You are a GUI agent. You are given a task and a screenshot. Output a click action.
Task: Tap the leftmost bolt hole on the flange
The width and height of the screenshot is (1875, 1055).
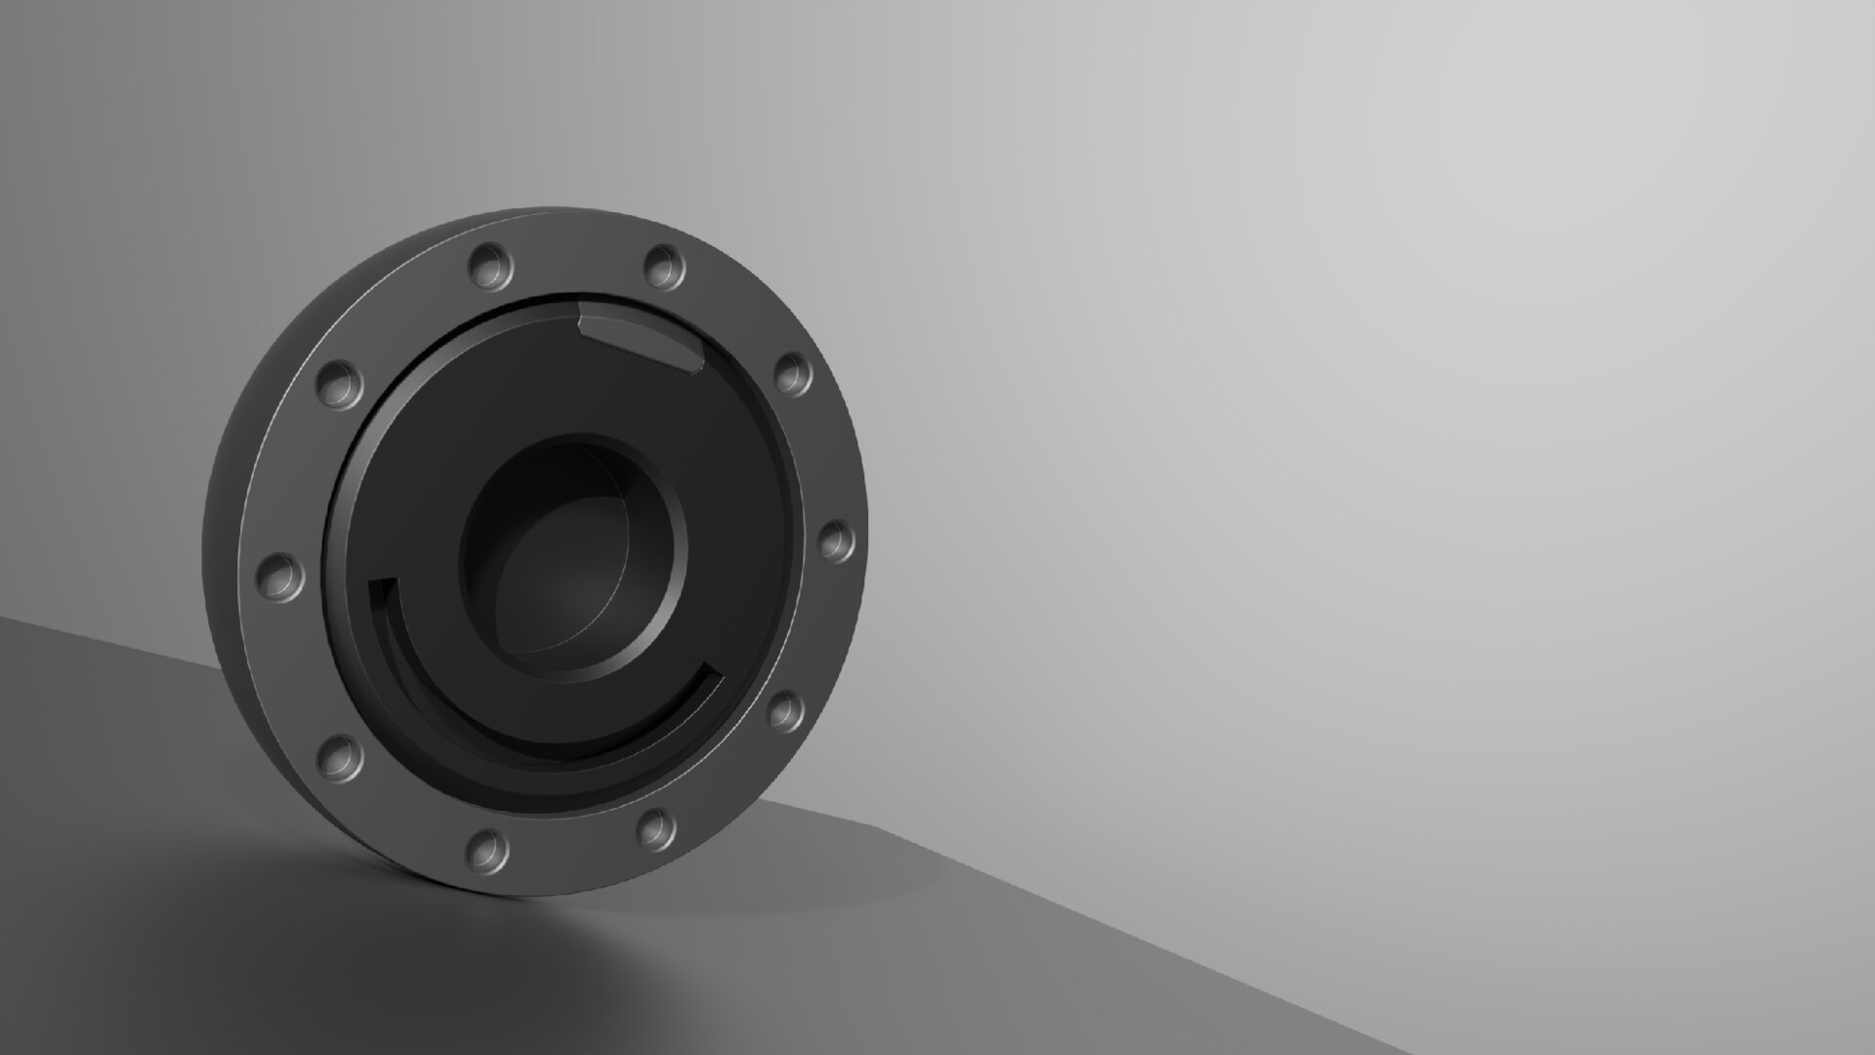point(279,576)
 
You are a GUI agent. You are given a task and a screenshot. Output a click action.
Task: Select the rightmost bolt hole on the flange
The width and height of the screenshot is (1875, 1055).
point(836,540)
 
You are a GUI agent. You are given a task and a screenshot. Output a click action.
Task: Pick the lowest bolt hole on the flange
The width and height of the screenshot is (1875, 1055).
point(487,850)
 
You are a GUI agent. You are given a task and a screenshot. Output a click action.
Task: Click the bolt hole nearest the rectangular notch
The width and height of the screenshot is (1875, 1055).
point(664,266)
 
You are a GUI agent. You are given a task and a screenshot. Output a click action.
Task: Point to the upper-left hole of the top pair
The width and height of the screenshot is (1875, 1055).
point(490,265)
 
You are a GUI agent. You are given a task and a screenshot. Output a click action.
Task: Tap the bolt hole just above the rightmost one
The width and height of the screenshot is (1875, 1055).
point(793,374)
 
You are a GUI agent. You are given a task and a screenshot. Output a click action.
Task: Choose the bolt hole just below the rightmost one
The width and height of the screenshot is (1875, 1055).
point(784,710)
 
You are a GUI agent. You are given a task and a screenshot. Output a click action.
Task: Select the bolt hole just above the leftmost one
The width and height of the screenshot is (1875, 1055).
point(339,383)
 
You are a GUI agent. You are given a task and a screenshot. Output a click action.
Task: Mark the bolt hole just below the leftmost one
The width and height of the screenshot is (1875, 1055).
point(339,756)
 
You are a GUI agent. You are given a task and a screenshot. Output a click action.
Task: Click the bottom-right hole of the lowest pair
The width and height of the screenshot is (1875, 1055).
point(656,828)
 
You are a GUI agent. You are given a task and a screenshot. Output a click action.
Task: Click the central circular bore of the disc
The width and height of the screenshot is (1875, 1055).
point(574,557)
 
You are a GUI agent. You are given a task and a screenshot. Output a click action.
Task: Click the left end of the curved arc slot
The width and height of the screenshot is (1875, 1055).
point(383,590)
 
